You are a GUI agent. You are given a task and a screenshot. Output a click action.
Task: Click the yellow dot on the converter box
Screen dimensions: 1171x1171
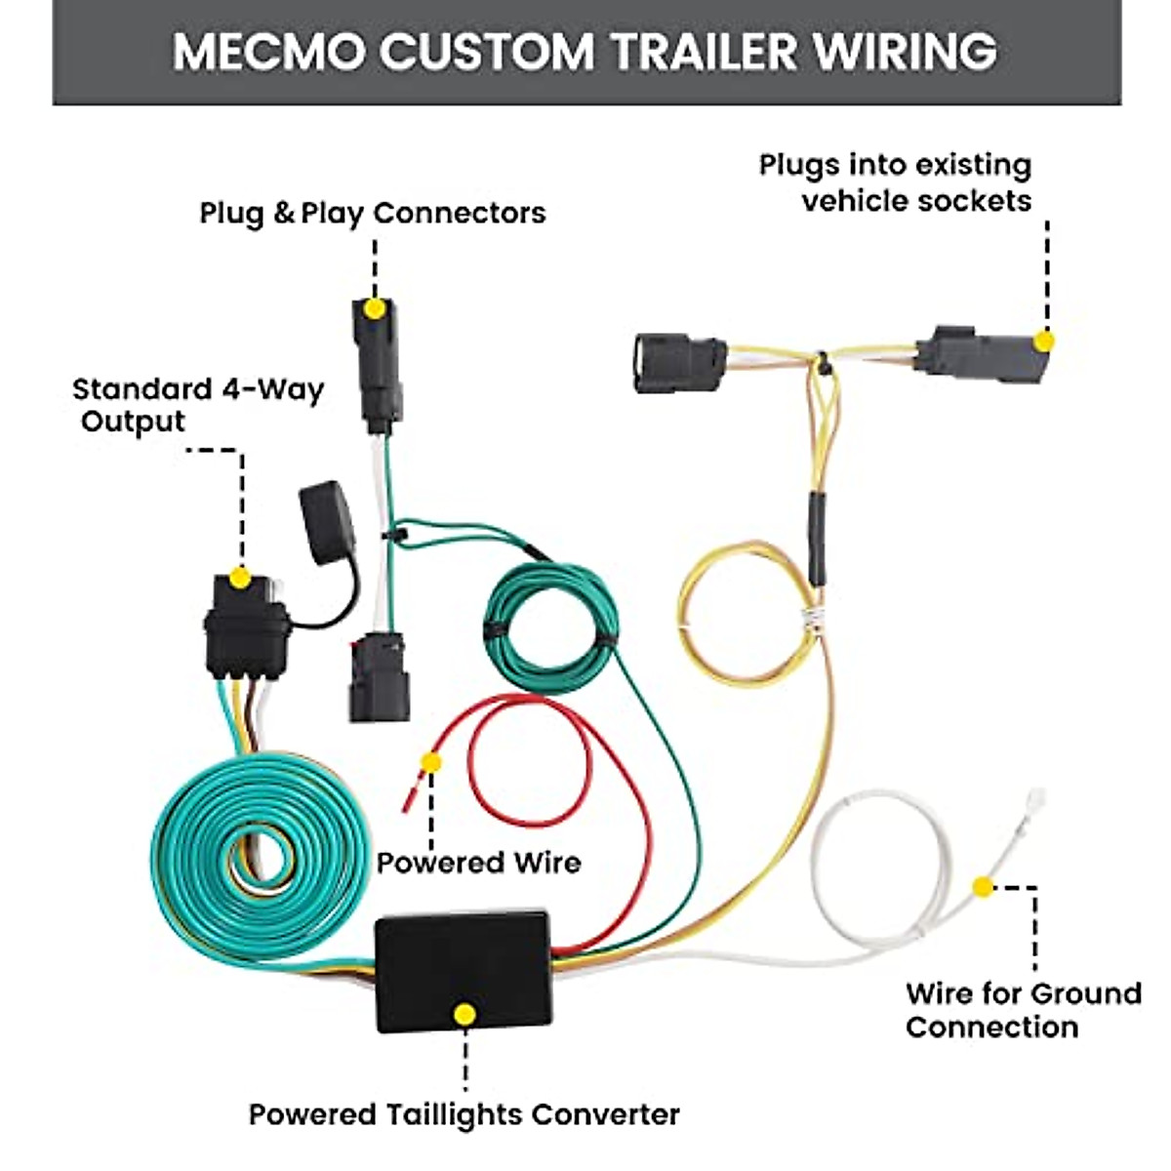pos(465,1015)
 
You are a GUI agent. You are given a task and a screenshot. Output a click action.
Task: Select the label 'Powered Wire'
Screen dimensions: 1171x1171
pos(478,863)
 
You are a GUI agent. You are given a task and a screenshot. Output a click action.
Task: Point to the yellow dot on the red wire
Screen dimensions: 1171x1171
pos(430,762)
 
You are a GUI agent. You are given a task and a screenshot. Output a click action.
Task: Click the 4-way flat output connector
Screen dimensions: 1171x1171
pos(246,629)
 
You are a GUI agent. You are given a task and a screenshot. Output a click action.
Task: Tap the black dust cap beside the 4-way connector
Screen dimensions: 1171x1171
pos(326,521)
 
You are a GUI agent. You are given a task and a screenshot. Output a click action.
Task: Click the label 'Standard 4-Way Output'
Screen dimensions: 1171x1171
pos(197,406)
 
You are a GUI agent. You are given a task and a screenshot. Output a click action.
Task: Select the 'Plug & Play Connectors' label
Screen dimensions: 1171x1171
pos(373,213)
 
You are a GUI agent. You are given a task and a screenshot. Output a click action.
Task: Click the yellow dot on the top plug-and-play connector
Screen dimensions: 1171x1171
pos(373,308)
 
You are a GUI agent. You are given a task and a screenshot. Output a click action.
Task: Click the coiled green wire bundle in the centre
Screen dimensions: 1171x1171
pos(551,625)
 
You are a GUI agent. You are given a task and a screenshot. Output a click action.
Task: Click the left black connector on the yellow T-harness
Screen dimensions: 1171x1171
pos(679,364)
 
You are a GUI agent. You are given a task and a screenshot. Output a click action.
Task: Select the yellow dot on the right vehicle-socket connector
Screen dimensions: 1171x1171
pos(1043,342)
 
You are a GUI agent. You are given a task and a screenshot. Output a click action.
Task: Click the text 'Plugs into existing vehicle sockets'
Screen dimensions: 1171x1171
pos(896,182)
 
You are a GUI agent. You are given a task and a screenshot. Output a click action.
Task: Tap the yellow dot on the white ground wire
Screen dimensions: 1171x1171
pos(983,887)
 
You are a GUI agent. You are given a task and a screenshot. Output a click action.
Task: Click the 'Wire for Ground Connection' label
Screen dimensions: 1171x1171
pos(1023,1010)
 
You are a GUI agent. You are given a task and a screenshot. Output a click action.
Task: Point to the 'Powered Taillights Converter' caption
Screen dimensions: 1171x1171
pos(464,1114)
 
